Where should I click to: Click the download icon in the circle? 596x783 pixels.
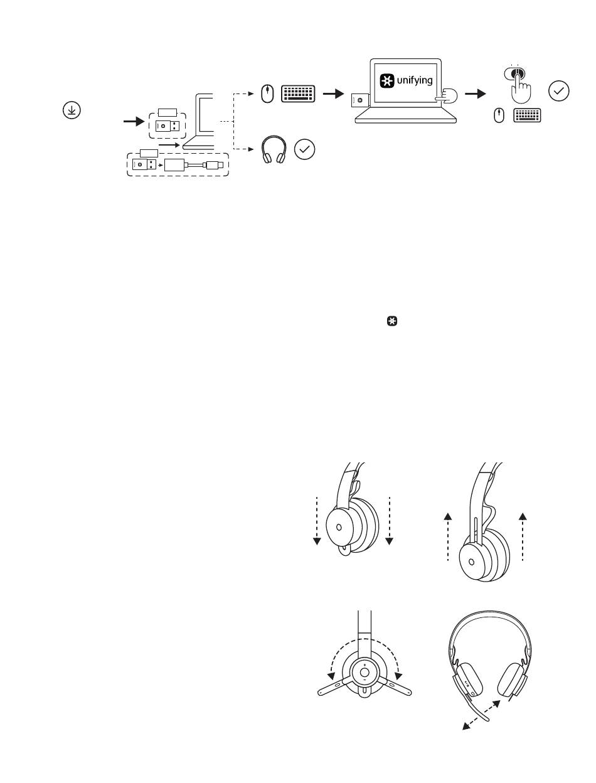72,110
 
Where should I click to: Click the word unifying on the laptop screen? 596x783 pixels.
415,80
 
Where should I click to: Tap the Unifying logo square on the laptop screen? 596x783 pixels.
387,80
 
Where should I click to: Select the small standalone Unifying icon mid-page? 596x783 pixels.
392,321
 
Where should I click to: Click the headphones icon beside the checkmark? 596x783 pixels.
274,149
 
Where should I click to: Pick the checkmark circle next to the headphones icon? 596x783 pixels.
305,149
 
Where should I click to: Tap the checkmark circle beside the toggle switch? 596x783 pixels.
558,91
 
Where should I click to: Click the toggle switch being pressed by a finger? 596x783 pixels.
514,73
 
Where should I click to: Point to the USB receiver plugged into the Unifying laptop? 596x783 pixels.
360,100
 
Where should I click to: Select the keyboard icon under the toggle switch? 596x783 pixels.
527,115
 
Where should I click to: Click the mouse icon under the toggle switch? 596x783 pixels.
499,115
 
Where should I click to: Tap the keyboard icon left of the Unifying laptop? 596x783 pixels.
298,94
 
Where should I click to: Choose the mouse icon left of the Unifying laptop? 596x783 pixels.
267,94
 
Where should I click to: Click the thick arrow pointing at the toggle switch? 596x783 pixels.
476,94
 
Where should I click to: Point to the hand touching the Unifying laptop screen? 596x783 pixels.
447,97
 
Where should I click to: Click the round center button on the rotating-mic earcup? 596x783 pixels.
365,673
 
